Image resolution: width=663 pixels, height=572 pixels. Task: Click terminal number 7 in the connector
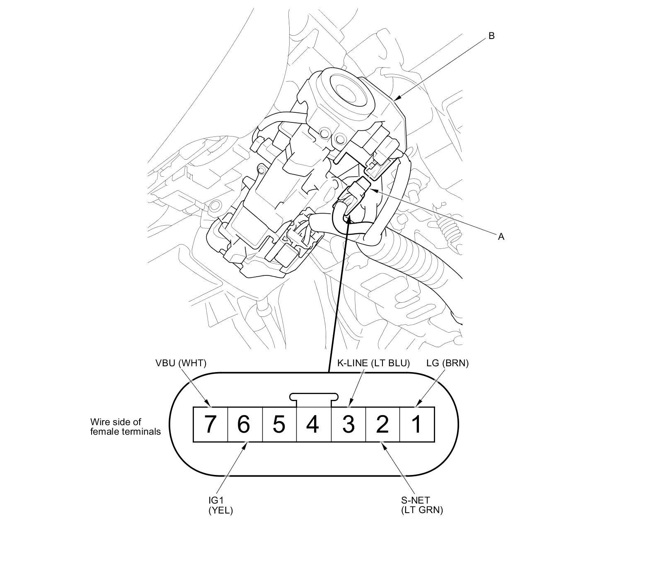[211, 424]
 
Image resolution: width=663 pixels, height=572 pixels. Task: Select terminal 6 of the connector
[245, 424]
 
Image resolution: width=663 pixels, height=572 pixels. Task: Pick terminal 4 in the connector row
[314, 424]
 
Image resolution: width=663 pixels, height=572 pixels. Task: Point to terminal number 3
[348, 424]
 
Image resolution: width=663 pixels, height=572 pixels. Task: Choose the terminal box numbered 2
[383, 424]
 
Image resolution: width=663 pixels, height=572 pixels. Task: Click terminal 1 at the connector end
[417, 424]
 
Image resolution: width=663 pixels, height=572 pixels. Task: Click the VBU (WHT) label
[181, 363]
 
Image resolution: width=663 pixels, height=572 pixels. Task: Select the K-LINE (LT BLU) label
[373, 363]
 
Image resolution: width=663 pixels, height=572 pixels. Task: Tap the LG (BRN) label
[448, 363]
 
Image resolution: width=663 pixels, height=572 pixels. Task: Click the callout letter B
[491, 36]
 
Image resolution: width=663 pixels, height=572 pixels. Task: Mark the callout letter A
[501, 236]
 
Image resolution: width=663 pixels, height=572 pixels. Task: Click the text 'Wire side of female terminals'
[125, 427]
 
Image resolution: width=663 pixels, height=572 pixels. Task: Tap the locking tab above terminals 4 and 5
[314, 397]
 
